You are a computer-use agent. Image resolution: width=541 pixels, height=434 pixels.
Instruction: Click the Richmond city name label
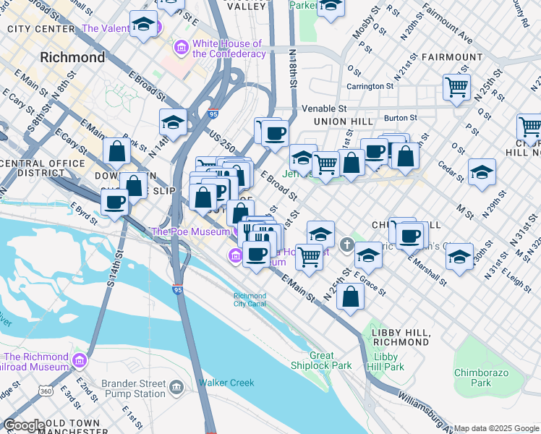pos(72,56)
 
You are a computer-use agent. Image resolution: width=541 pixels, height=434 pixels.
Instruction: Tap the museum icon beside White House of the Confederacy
pos(181,48)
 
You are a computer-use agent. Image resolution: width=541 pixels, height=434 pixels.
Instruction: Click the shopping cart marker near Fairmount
pos(456,88)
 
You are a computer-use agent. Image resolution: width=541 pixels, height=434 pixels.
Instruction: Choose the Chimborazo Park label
pos(482,378)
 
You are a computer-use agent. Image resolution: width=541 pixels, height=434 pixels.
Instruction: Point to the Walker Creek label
pos(226,383)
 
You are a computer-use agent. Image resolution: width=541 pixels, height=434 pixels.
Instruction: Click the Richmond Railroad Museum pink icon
pos(79,359)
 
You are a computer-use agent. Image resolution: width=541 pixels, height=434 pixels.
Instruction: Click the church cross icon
pos(348,244)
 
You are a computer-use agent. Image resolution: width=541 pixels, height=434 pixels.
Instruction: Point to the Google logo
pos(24,425)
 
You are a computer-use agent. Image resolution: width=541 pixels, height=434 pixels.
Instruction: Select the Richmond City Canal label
pos(250,299)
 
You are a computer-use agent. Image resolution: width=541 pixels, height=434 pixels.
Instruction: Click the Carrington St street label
pos(369,86)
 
